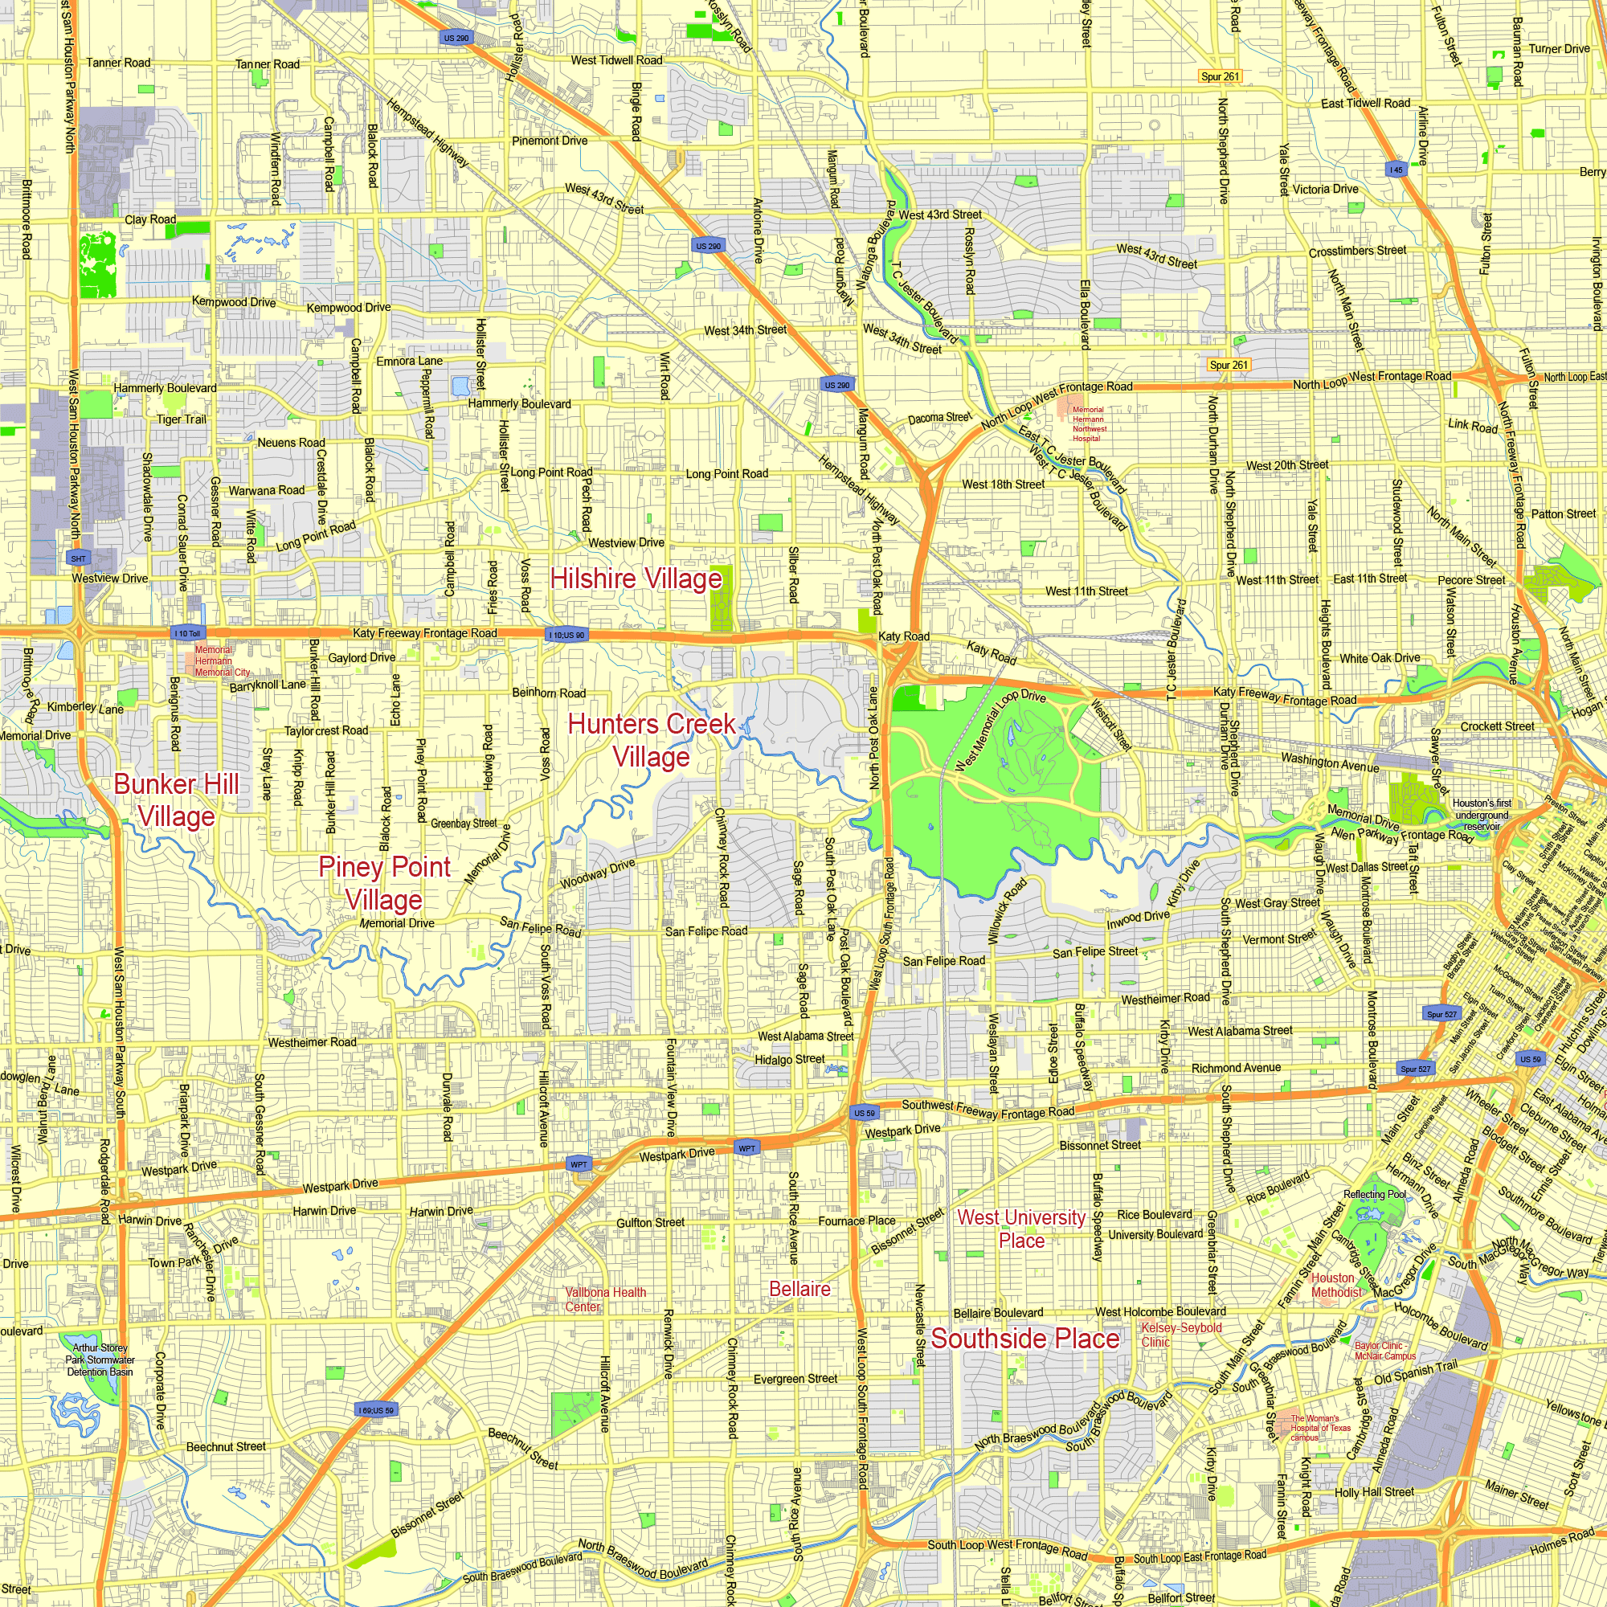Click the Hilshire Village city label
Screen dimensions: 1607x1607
[x=636, y=579]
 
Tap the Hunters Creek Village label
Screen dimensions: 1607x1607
[x=652, y=740]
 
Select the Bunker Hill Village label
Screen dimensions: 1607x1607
[x=176, y=800]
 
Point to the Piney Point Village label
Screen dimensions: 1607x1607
[x=384, y=883]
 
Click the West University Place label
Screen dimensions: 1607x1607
[x=1021, y=1229]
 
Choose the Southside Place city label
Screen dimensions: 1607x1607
[x=1024, y=1339]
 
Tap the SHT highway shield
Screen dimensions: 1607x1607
[x=78, y=559]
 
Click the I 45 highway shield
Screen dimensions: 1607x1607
[x=1396, y=170]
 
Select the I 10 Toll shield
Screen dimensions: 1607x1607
[x=187, y=634]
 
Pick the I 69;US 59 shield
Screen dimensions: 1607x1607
[x=376, y=1410]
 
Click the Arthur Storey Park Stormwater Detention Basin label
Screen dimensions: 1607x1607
[x=100, y=1360]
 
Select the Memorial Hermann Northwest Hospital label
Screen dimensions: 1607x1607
[x=1089, y=423]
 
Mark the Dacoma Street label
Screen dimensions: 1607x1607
[x=939, y=418]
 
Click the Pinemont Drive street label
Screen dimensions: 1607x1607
[x=550, y=141]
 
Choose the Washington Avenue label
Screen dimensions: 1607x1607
[x=1329, y=762]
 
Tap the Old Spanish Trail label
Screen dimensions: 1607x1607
[x=1416, y=1372]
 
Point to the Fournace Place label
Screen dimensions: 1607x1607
[x=857, y=1221]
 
